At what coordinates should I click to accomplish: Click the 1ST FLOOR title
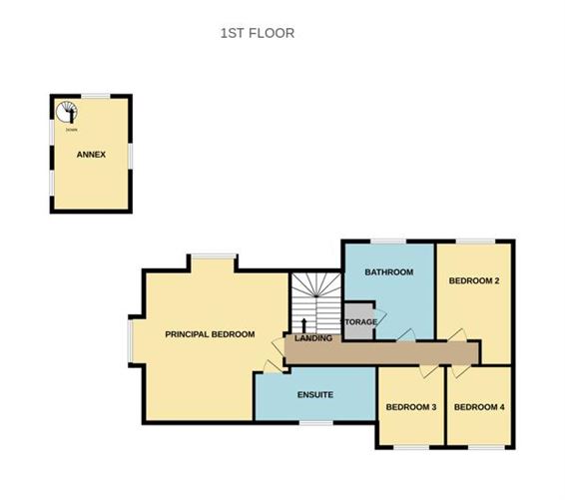coord(257,33)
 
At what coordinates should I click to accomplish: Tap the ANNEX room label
coord(91,155)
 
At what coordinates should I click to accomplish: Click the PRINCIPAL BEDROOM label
coord(210,334)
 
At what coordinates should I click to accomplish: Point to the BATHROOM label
coord(388,271)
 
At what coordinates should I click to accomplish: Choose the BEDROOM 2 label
coord(473,280)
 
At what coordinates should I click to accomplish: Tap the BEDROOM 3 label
coord(411,406)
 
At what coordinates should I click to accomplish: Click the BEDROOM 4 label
coord(479,406)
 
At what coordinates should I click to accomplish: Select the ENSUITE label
coord(314,395)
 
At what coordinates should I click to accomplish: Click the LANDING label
coord(312,339)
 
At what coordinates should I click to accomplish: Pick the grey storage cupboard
coord(358,321)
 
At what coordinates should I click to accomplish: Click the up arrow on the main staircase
coord(302,325)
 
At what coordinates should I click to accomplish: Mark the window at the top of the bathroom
coord(387,241)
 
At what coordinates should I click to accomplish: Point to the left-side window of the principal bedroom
coord(130,339)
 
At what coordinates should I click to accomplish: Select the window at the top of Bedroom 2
coord(475,241)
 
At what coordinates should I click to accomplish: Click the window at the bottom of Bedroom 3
coord(410,447)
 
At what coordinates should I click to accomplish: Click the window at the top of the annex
coord(95,96)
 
